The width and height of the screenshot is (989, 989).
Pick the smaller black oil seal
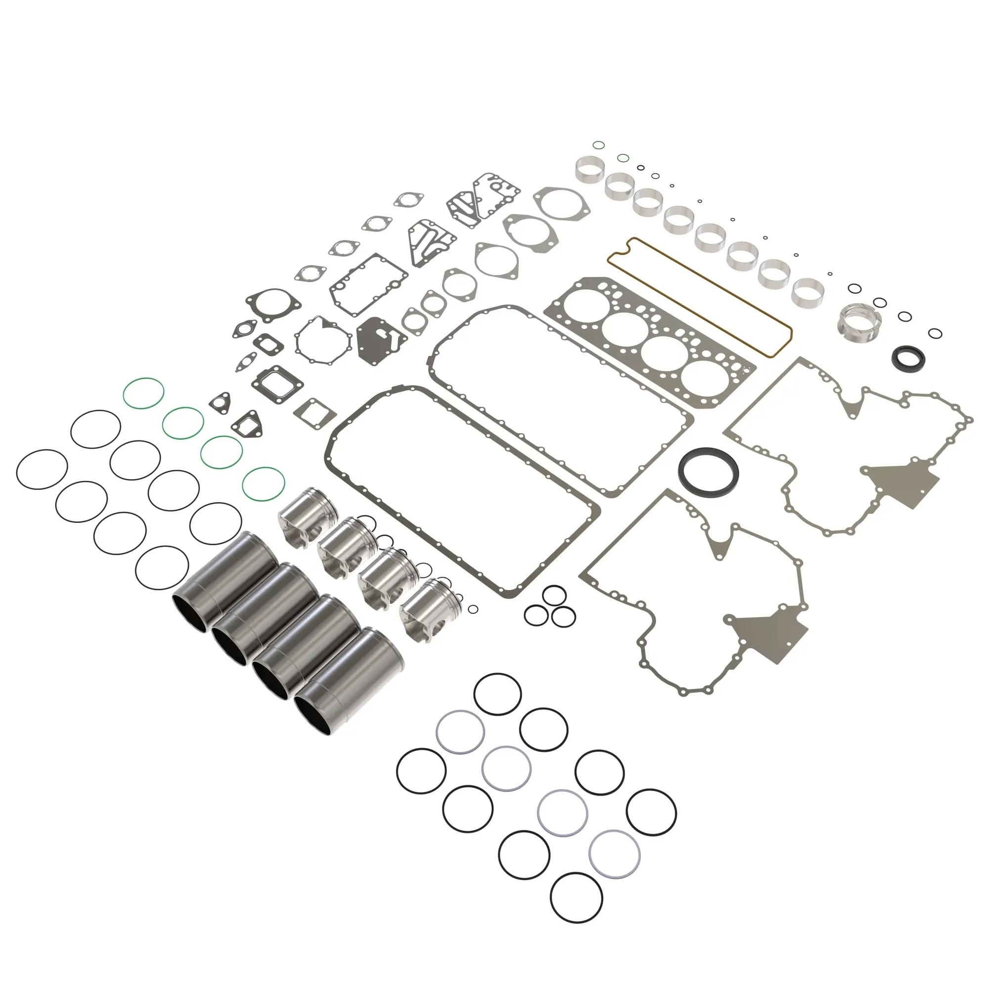(908, 357)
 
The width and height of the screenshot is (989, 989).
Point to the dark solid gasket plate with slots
(380, 340)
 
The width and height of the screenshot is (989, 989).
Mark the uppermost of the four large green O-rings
(144, 393)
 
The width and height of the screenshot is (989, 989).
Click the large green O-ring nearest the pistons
(263, 484)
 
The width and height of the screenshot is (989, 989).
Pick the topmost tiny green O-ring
(598, 145)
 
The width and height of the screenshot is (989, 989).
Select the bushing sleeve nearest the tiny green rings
(590, 169)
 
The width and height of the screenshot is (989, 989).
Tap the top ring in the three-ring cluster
(554, 596)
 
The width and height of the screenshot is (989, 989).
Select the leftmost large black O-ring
(42, 469)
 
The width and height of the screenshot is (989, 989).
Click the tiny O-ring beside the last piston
(473, 609)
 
